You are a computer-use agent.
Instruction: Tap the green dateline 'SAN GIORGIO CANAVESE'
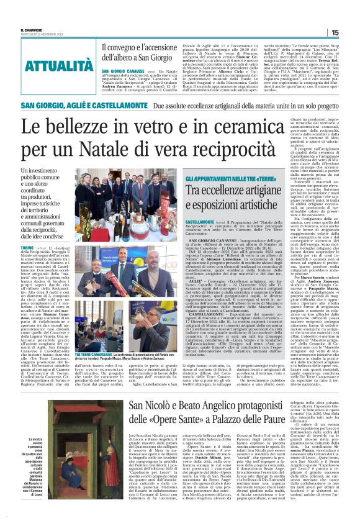point(120,71)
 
